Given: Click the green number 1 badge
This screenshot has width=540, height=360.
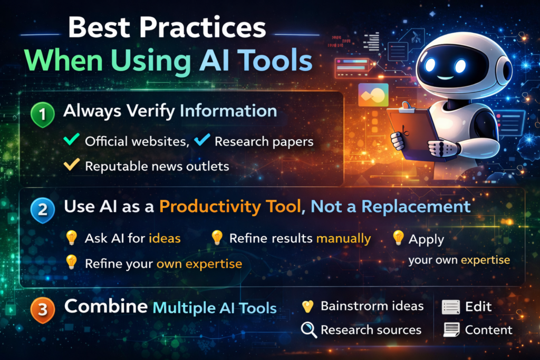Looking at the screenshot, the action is (x=42, y=114).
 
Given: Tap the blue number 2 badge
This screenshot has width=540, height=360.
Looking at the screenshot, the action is (x=42, y=210).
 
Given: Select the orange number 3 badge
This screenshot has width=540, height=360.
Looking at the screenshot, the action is (x=42, y=310).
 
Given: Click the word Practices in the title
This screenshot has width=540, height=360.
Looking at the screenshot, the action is (x=202, y=27).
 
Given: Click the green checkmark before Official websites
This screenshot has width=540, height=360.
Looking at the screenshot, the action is (x=72, y=139).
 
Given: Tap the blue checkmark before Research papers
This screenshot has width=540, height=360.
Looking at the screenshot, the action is (x=202, y=139).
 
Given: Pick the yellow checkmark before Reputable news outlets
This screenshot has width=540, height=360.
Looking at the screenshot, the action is (x=72, y=164).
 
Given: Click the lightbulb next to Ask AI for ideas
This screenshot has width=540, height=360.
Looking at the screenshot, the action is (x=71, y=238).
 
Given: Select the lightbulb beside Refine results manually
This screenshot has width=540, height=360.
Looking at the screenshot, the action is (x=217, y=238).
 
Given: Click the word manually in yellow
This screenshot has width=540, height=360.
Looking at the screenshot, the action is (x=343, y=239).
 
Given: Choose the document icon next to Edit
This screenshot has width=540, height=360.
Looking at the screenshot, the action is (x=451, y=307).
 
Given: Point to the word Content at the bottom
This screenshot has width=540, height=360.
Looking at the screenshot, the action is (x=489, y=330).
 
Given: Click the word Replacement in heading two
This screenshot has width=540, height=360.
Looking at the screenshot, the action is (x=416, y=207).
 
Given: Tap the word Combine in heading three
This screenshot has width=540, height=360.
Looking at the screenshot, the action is (x=106, y=306).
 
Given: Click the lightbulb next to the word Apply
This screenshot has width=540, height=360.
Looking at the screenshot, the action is (x=398, y=238).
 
